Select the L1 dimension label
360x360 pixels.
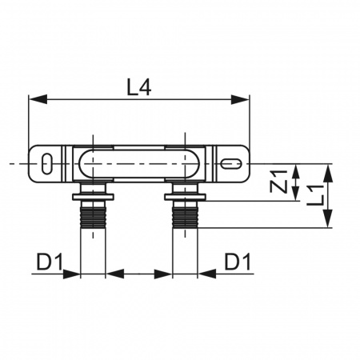pos(316,196)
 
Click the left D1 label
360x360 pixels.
pos(50,262)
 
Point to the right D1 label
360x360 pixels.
pos(238,262)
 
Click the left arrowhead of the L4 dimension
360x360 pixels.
pos(38,99)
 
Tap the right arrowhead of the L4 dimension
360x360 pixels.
pos(241,99)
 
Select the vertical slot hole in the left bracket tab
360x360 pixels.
pos(46,163)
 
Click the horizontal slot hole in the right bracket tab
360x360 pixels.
pos(231,163)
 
